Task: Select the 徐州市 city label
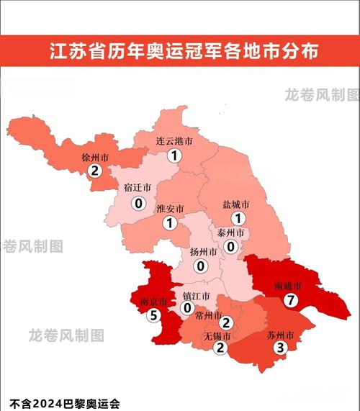(x=95, y=157)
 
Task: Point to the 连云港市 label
(x=174, y=142)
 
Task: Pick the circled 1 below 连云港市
(x=174, y=155)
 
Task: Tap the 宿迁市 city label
(x=137, y=188)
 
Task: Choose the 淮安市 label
(x=170, y=209)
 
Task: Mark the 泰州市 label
(x=230, y=233)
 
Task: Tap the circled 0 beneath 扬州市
(x=201, y=266)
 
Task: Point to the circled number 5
(x=153, y=315)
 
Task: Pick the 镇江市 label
(x=196, y=296)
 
